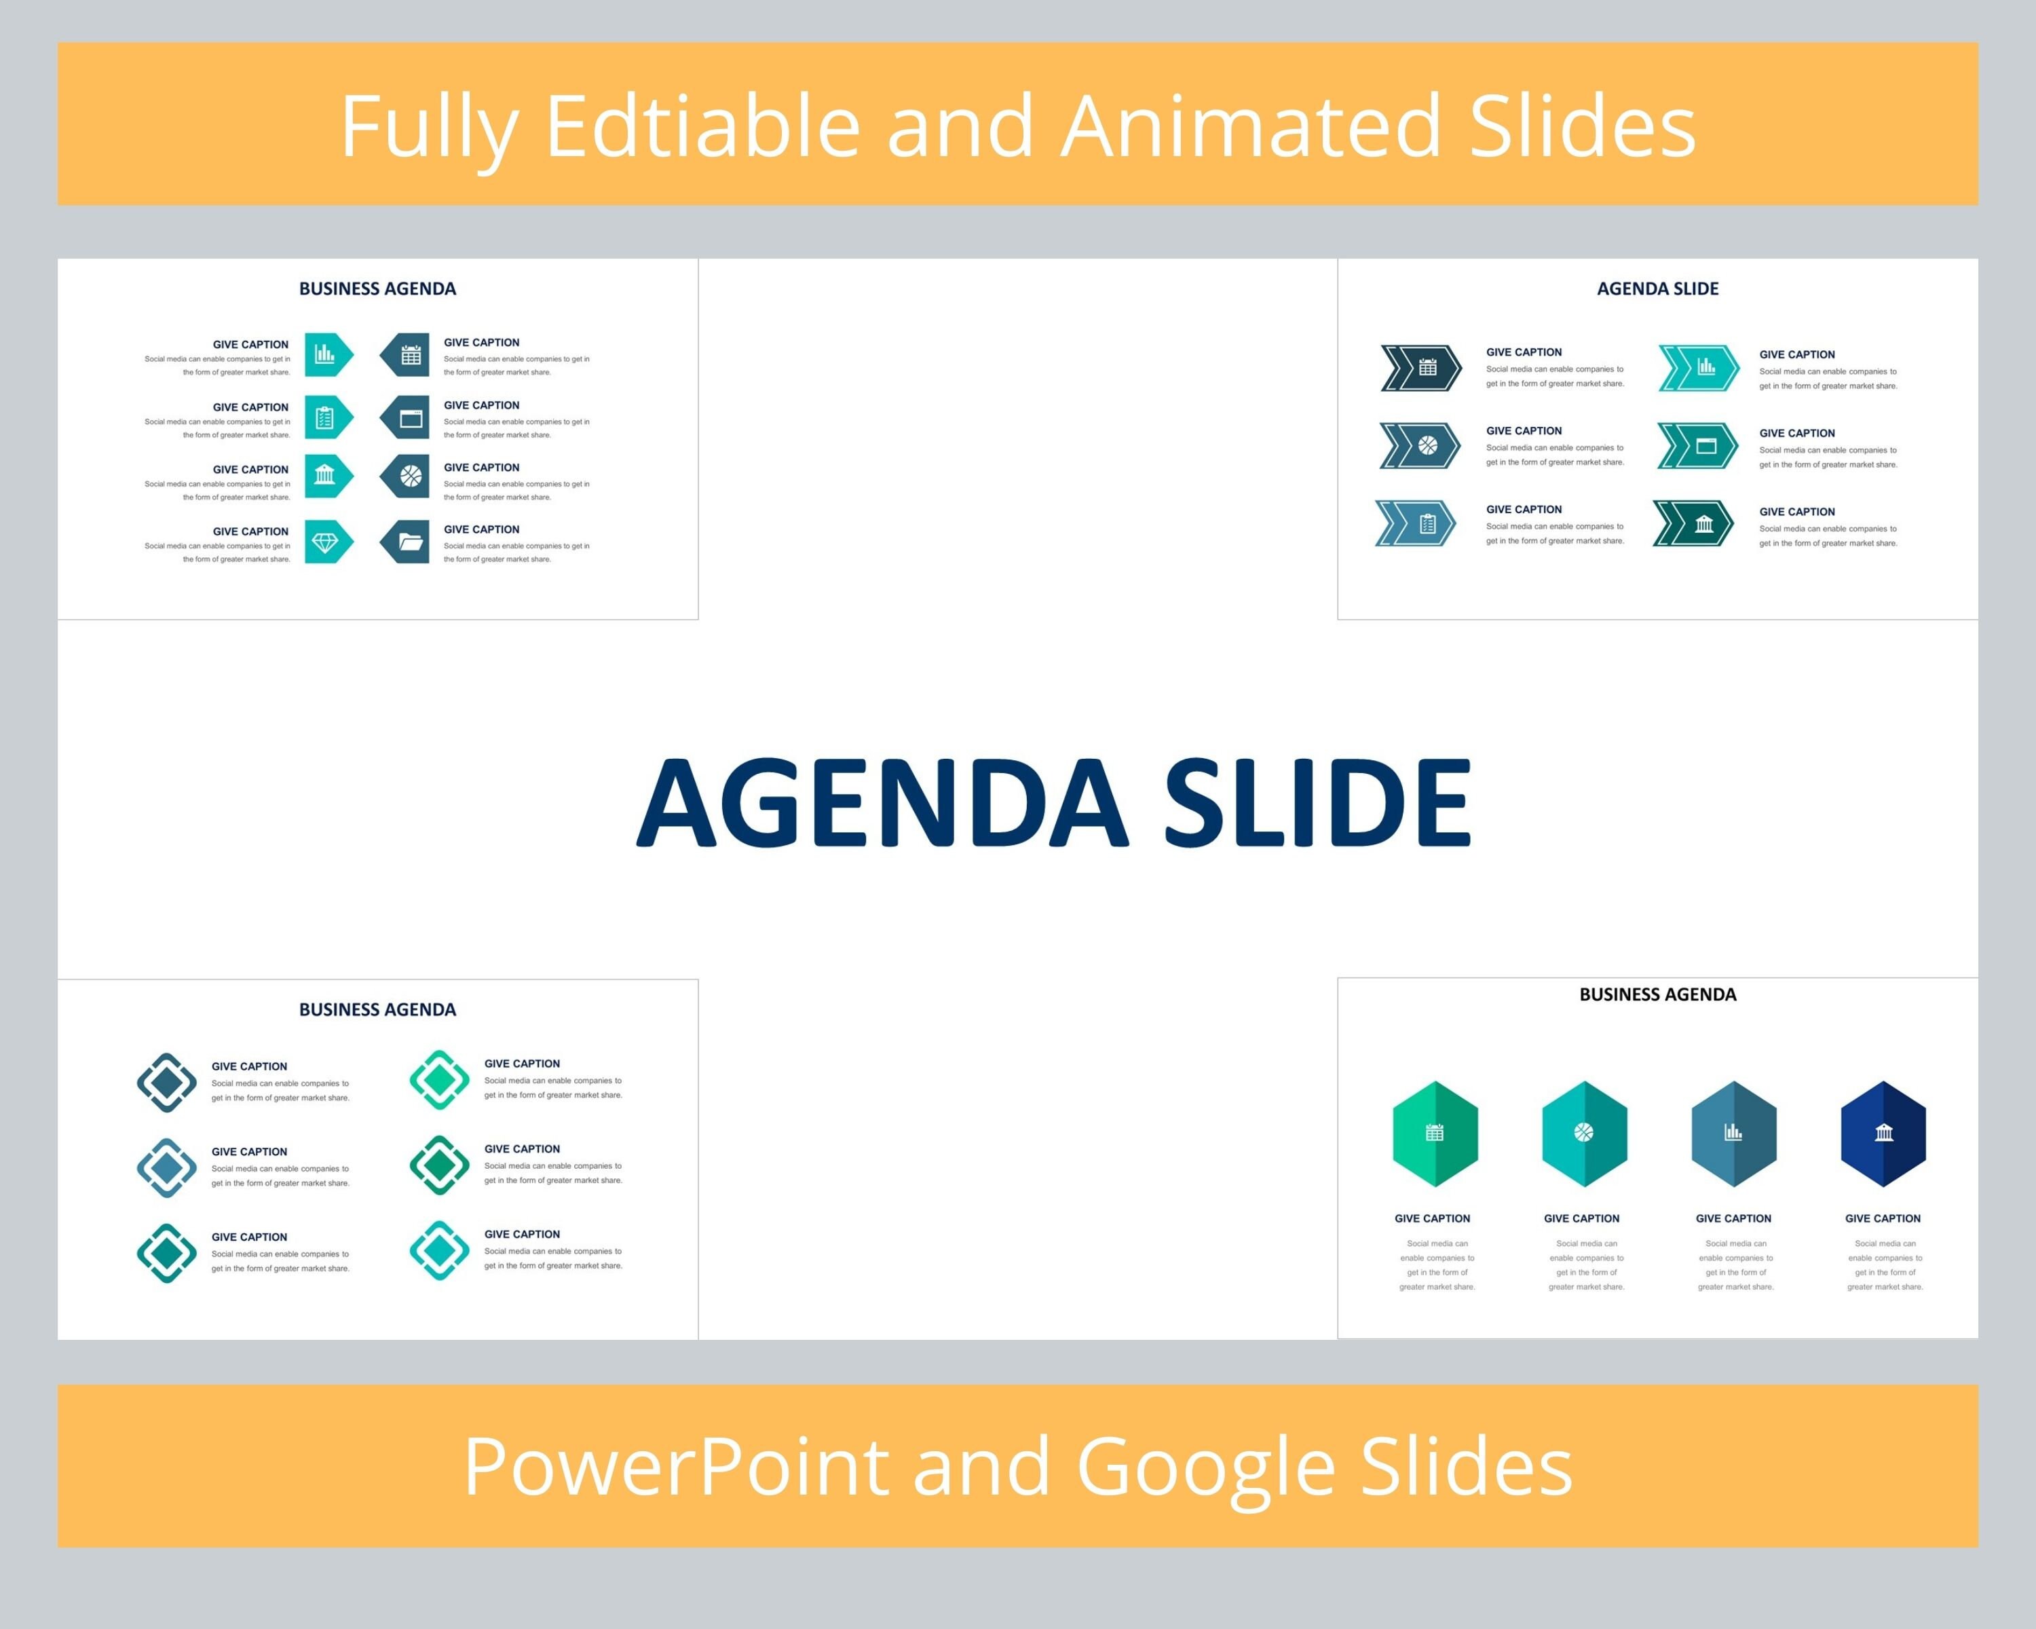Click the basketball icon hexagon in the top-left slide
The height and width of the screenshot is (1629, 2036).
[405, 476]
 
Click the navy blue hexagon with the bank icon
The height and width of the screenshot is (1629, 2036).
[1883, 1134]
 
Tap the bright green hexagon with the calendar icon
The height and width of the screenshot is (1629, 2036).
[1435, 1134]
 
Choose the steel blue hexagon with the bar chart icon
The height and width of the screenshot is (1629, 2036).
[1734, 1134]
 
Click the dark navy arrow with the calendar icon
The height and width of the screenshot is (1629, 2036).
[1421, 367]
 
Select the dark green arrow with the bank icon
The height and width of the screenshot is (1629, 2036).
[1693, 523]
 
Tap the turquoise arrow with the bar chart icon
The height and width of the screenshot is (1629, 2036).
[1699, 367]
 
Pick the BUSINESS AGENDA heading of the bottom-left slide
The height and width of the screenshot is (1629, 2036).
[378, 1009]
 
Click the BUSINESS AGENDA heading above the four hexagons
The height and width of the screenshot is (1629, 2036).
[1657, 994]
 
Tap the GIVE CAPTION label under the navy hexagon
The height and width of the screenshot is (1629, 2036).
[1883, 1218]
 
